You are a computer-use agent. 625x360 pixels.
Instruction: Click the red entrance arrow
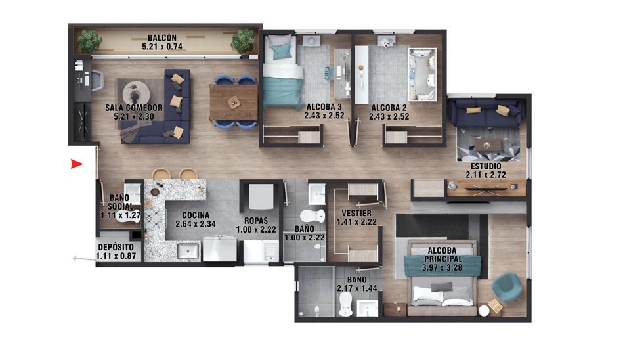(77, 164)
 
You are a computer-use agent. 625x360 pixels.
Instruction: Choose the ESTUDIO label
(486, 171)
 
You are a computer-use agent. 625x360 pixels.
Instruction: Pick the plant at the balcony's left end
(89, 41)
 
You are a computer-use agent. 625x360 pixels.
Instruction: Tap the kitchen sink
(189, 252)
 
